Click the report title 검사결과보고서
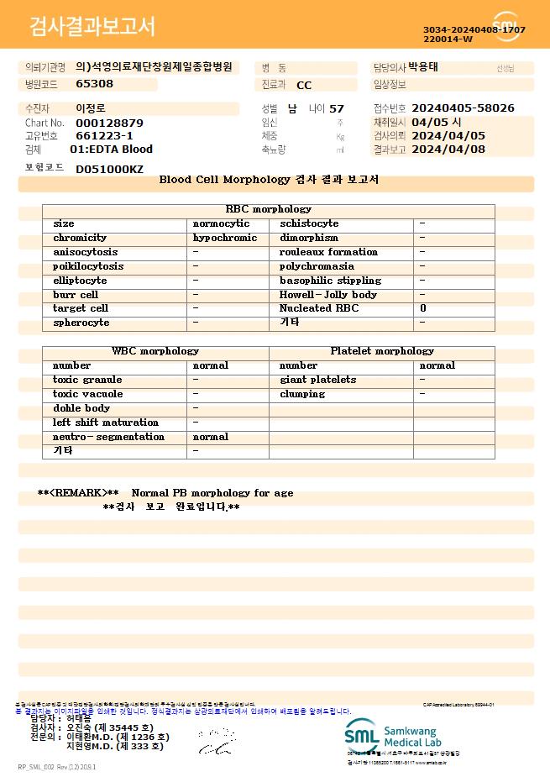pos(92,27)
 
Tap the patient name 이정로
pos(91,108)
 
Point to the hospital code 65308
pos(94,83)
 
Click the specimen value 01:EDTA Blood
pos(111,150)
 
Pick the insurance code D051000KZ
pos(109,170)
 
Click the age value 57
pos(337,108)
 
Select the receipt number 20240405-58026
pos(463,108)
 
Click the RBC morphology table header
pos(268,209)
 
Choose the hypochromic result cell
pos(225,238)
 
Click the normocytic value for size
pos(221,223)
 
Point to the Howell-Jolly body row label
pos(328,295)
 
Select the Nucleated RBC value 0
pos(423,308)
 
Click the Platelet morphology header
pos(382,351)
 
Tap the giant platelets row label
pos(317,380)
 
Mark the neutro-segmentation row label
pos(108,437)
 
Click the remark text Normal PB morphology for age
pos(212,493)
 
